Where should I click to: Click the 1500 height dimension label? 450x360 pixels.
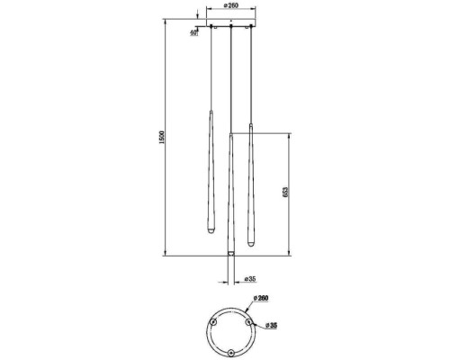coord(162,138)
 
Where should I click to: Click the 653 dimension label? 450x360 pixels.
coord(285,192)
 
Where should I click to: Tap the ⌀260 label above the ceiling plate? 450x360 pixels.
coord(231,5)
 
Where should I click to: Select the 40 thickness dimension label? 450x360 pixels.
coord(193,32)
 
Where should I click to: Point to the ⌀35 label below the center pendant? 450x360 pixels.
coord(249,279)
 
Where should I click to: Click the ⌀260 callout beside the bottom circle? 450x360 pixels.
coord(261,298)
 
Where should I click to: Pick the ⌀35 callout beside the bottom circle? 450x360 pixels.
coord(271,325)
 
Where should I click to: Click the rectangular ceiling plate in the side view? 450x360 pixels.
coord(230,22)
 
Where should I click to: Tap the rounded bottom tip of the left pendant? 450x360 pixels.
coord(211,231)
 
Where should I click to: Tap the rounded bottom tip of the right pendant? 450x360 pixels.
coord(251,243)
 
